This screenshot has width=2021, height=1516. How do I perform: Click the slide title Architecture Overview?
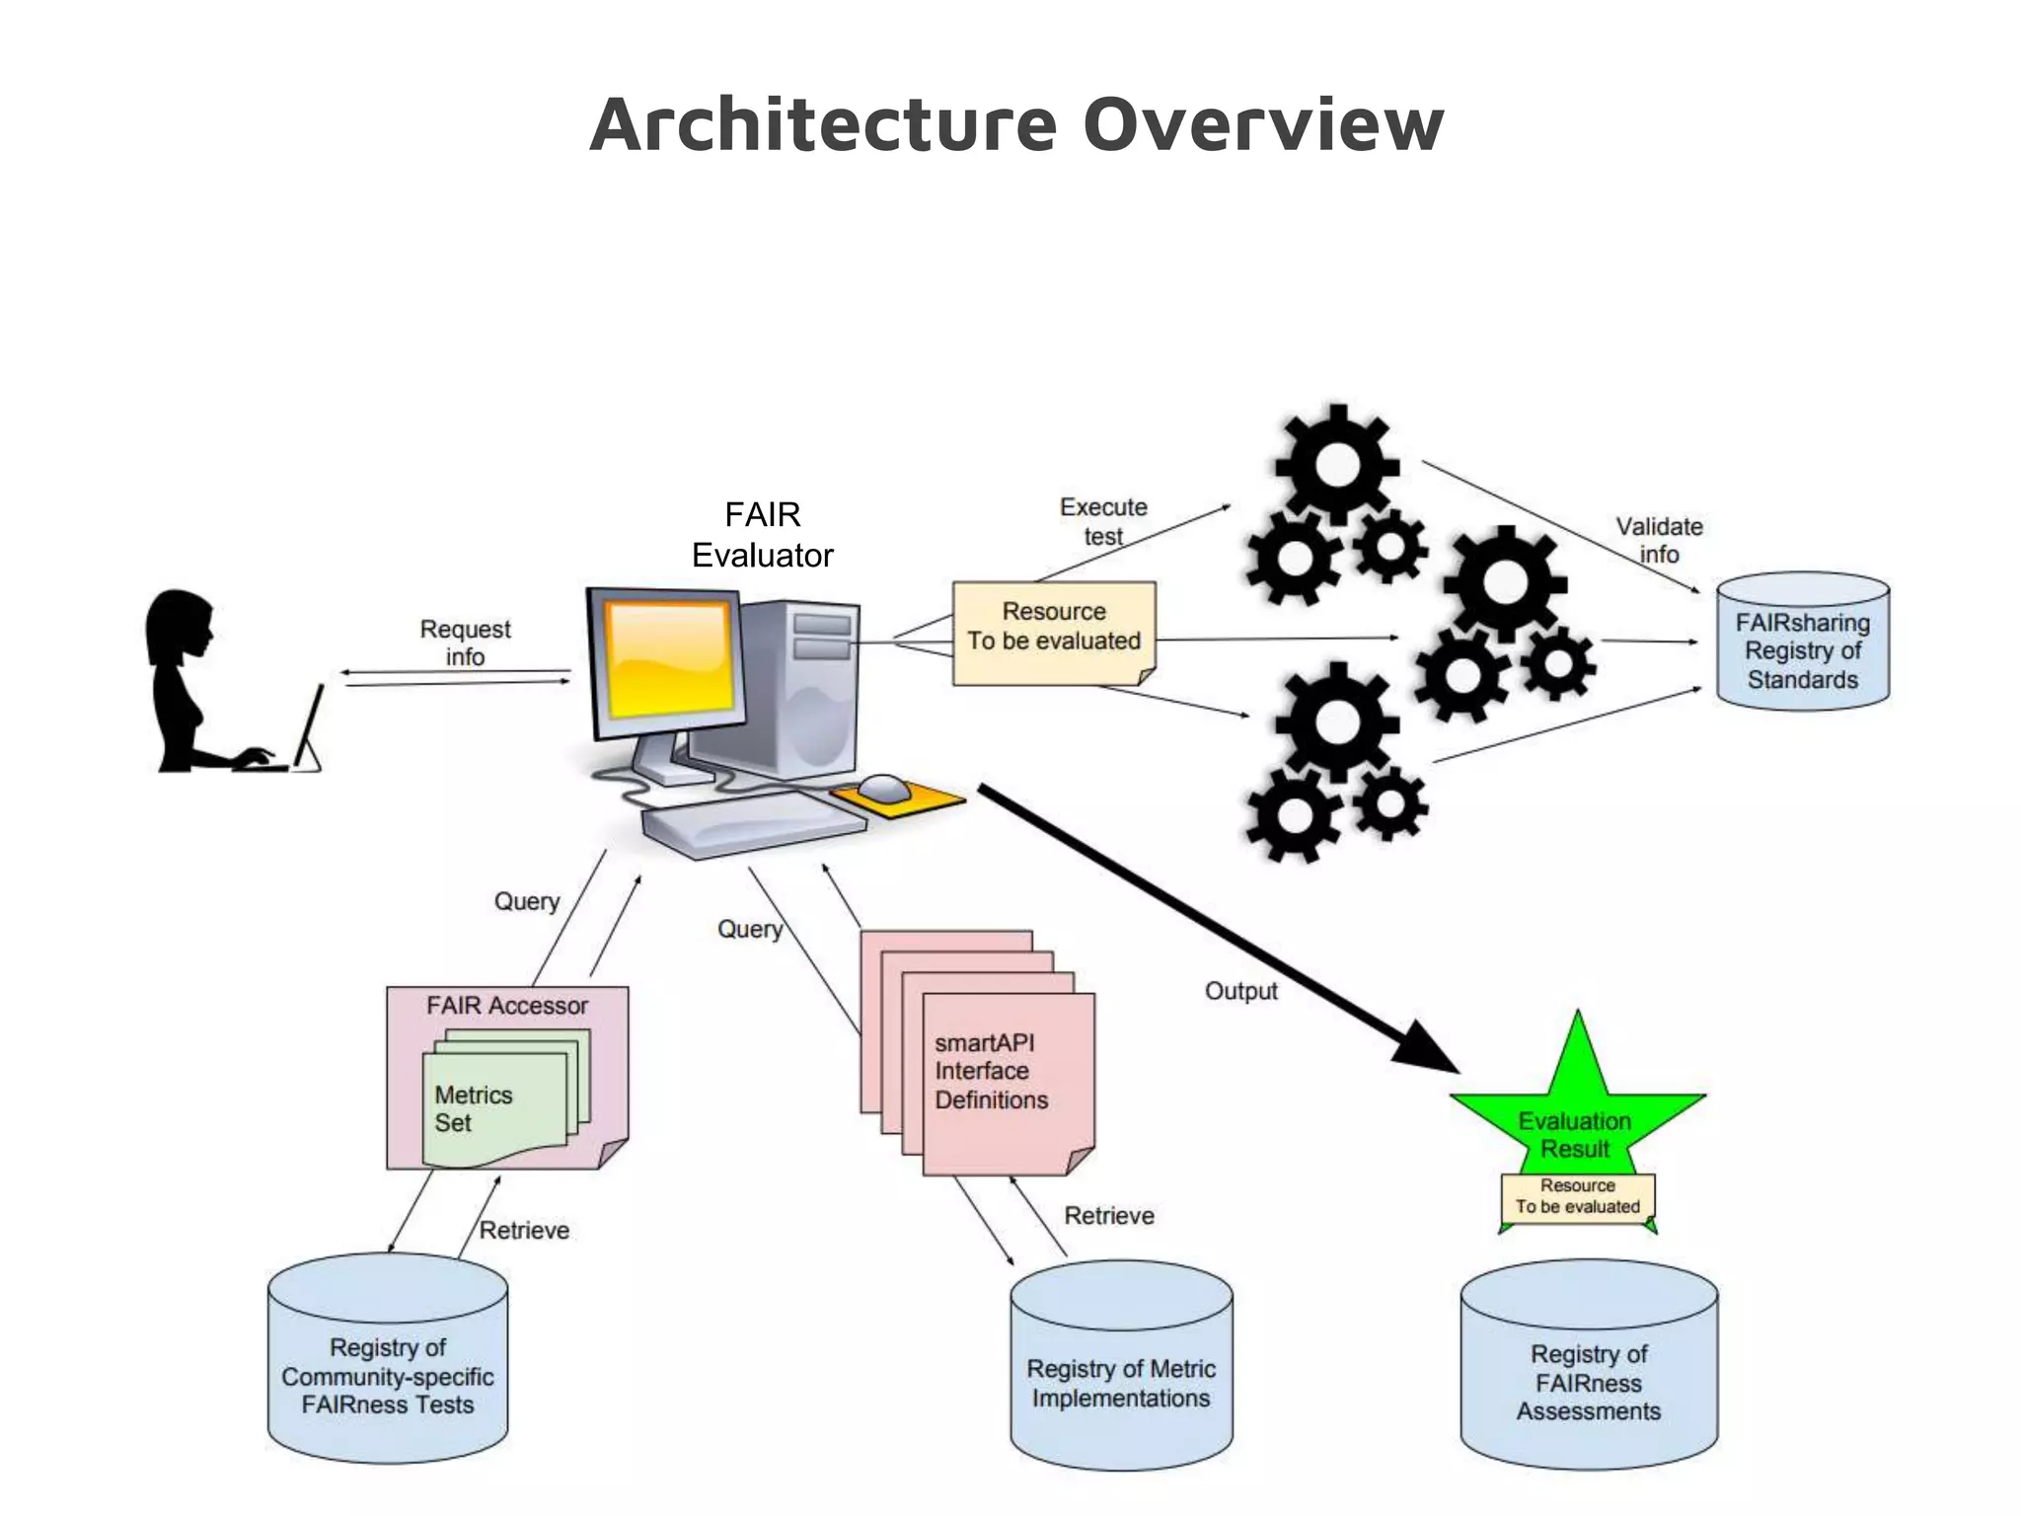[1015, 124]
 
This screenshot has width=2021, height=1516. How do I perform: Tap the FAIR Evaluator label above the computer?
[762, 535]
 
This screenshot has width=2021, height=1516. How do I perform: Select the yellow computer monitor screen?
[670, 659]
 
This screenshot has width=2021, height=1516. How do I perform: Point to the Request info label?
[465, 643]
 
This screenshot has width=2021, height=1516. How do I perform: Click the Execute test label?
[1103, 521]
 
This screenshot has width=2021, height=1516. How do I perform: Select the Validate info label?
[1659, 540]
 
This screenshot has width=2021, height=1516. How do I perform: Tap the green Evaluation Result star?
[1576, 1115]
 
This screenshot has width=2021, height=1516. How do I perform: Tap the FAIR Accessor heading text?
[506, 1006]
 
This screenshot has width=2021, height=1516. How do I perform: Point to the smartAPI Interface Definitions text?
[990, 1072]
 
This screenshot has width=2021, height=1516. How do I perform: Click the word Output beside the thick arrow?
[1240, 991]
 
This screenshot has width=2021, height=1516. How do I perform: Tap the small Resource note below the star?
[1577, 1196]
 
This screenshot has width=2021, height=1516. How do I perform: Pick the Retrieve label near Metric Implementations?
[1108, 1216]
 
